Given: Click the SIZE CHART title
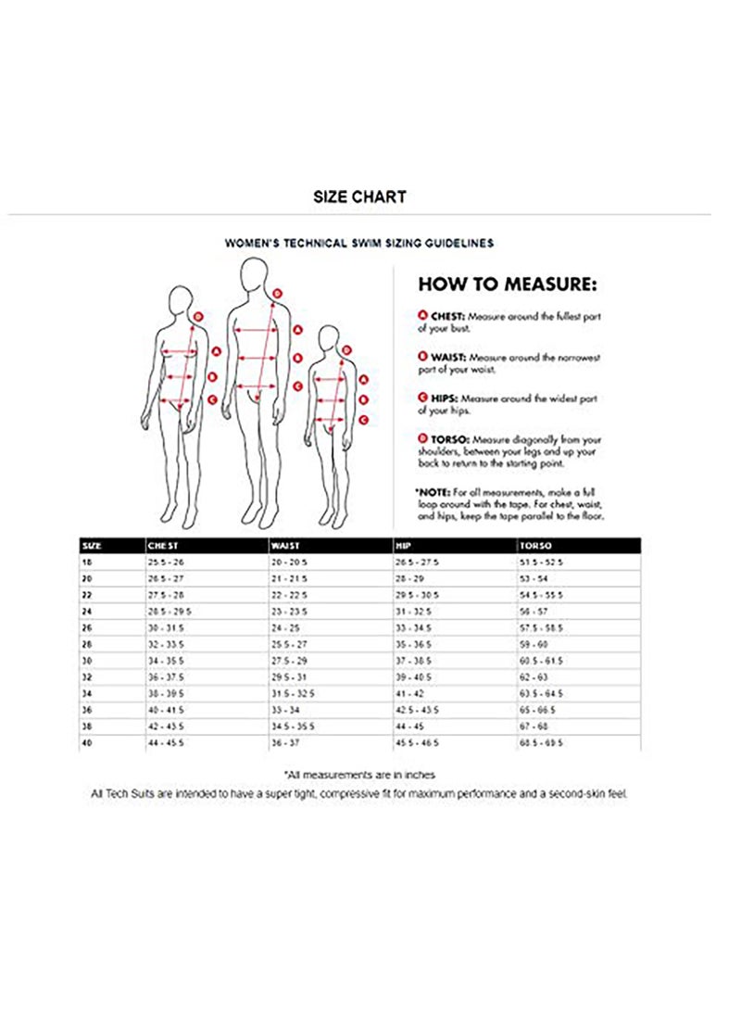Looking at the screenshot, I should tap(358, 196).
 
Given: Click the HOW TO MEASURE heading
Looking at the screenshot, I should tap(508, 284).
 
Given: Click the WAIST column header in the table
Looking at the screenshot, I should tap(284, 546).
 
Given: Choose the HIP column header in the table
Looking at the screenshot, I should tap(403, 546).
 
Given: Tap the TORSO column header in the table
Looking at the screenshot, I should tap(534, 546).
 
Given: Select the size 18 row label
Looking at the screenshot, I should tap(87, 562).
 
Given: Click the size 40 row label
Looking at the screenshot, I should tap(87, 742).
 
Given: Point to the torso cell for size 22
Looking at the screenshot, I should tap(542, 594).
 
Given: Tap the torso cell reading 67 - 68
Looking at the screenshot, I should tap(535, 727).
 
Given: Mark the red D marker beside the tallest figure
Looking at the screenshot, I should tap(278, 293).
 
